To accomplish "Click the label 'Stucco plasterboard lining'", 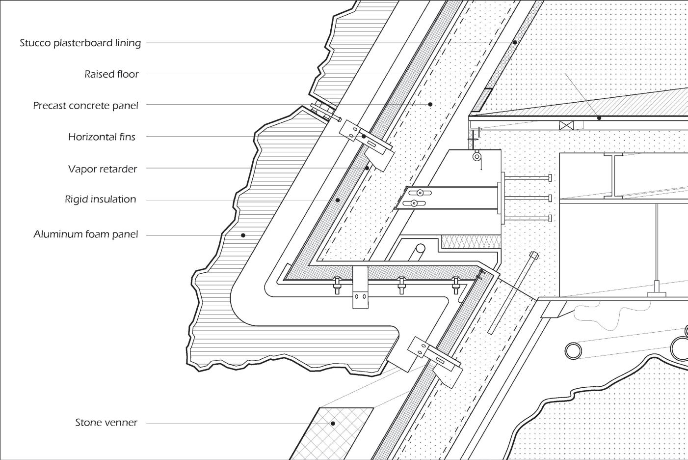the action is click(80, 43).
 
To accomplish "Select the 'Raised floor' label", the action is click(111, 74).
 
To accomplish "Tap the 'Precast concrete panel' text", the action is click(85, 106).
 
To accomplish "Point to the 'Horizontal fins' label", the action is click(102, 137).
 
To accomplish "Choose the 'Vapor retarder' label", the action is click(103, 169).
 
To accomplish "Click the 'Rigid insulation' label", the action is click(100, 200).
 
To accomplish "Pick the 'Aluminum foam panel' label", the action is click(86, 234).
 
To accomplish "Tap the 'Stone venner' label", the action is click(106, 423).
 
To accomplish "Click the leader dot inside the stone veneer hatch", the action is click(333, 423).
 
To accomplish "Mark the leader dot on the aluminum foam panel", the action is click(243, 235).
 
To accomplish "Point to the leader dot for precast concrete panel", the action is click(430, 104).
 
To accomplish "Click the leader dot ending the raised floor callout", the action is click(599, 118).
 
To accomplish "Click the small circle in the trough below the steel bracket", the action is click(421, 248).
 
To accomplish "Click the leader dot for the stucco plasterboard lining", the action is click(515, 42).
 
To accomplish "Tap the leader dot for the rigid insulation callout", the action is click(338, 200).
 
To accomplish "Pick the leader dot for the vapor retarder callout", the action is click(367, 168).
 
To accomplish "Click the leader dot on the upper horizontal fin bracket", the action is click(364, 136).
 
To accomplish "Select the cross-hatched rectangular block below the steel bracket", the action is click(471, 241).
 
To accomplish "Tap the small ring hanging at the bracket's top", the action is click(476, 157).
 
